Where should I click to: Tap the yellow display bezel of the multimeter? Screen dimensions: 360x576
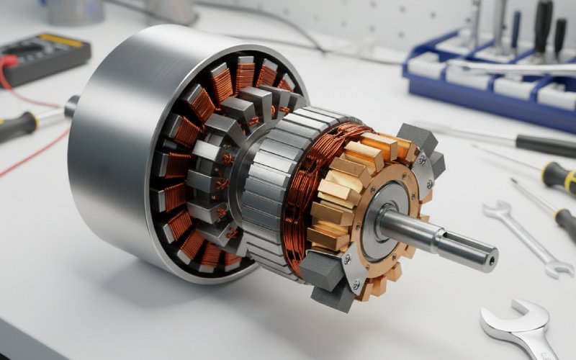click(x=60, y=40)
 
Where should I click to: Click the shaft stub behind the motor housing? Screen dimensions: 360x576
click(x=71, y=107)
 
